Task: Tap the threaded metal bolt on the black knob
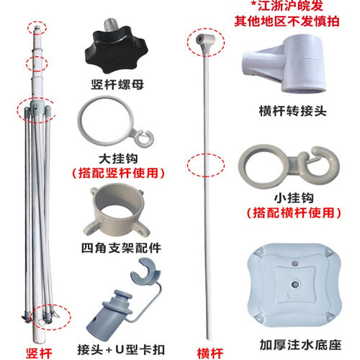pyautogui.click(x=113, y=27)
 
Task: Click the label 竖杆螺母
pyautogui.click(x=117, y=84)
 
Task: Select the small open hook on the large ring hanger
pyautogui.click(x=144, y=138)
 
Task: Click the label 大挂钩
pyautogui.click(x=118, y=159)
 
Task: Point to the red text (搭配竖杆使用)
pyautogui.click(x=118, y=173)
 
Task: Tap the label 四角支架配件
pyautogui.click(x=121, y=248)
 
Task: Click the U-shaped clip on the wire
pyautogui.click(x=145, y=271)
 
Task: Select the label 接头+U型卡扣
pyautogui.click(x=121, y=350)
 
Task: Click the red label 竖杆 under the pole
pyautogui.click(x=39, y=353)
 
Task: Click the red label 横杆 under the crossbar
pyautogui.click(x=210, y=353)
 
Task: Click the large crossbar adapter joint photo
pyautogui.click(x=284, y=64)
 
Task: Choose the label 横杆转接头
pyautogui.click(x=292, y=111)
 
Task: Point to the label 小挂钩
pyautogui.click(x=294, y=198)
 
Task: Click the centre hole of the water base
pyautogui.click(x=295, y=284)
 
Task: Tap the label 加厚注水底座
pyautogui.click(x=300, y=345)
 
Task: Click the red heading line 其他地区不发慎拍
pyautogui.click(x=287, y=21)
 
